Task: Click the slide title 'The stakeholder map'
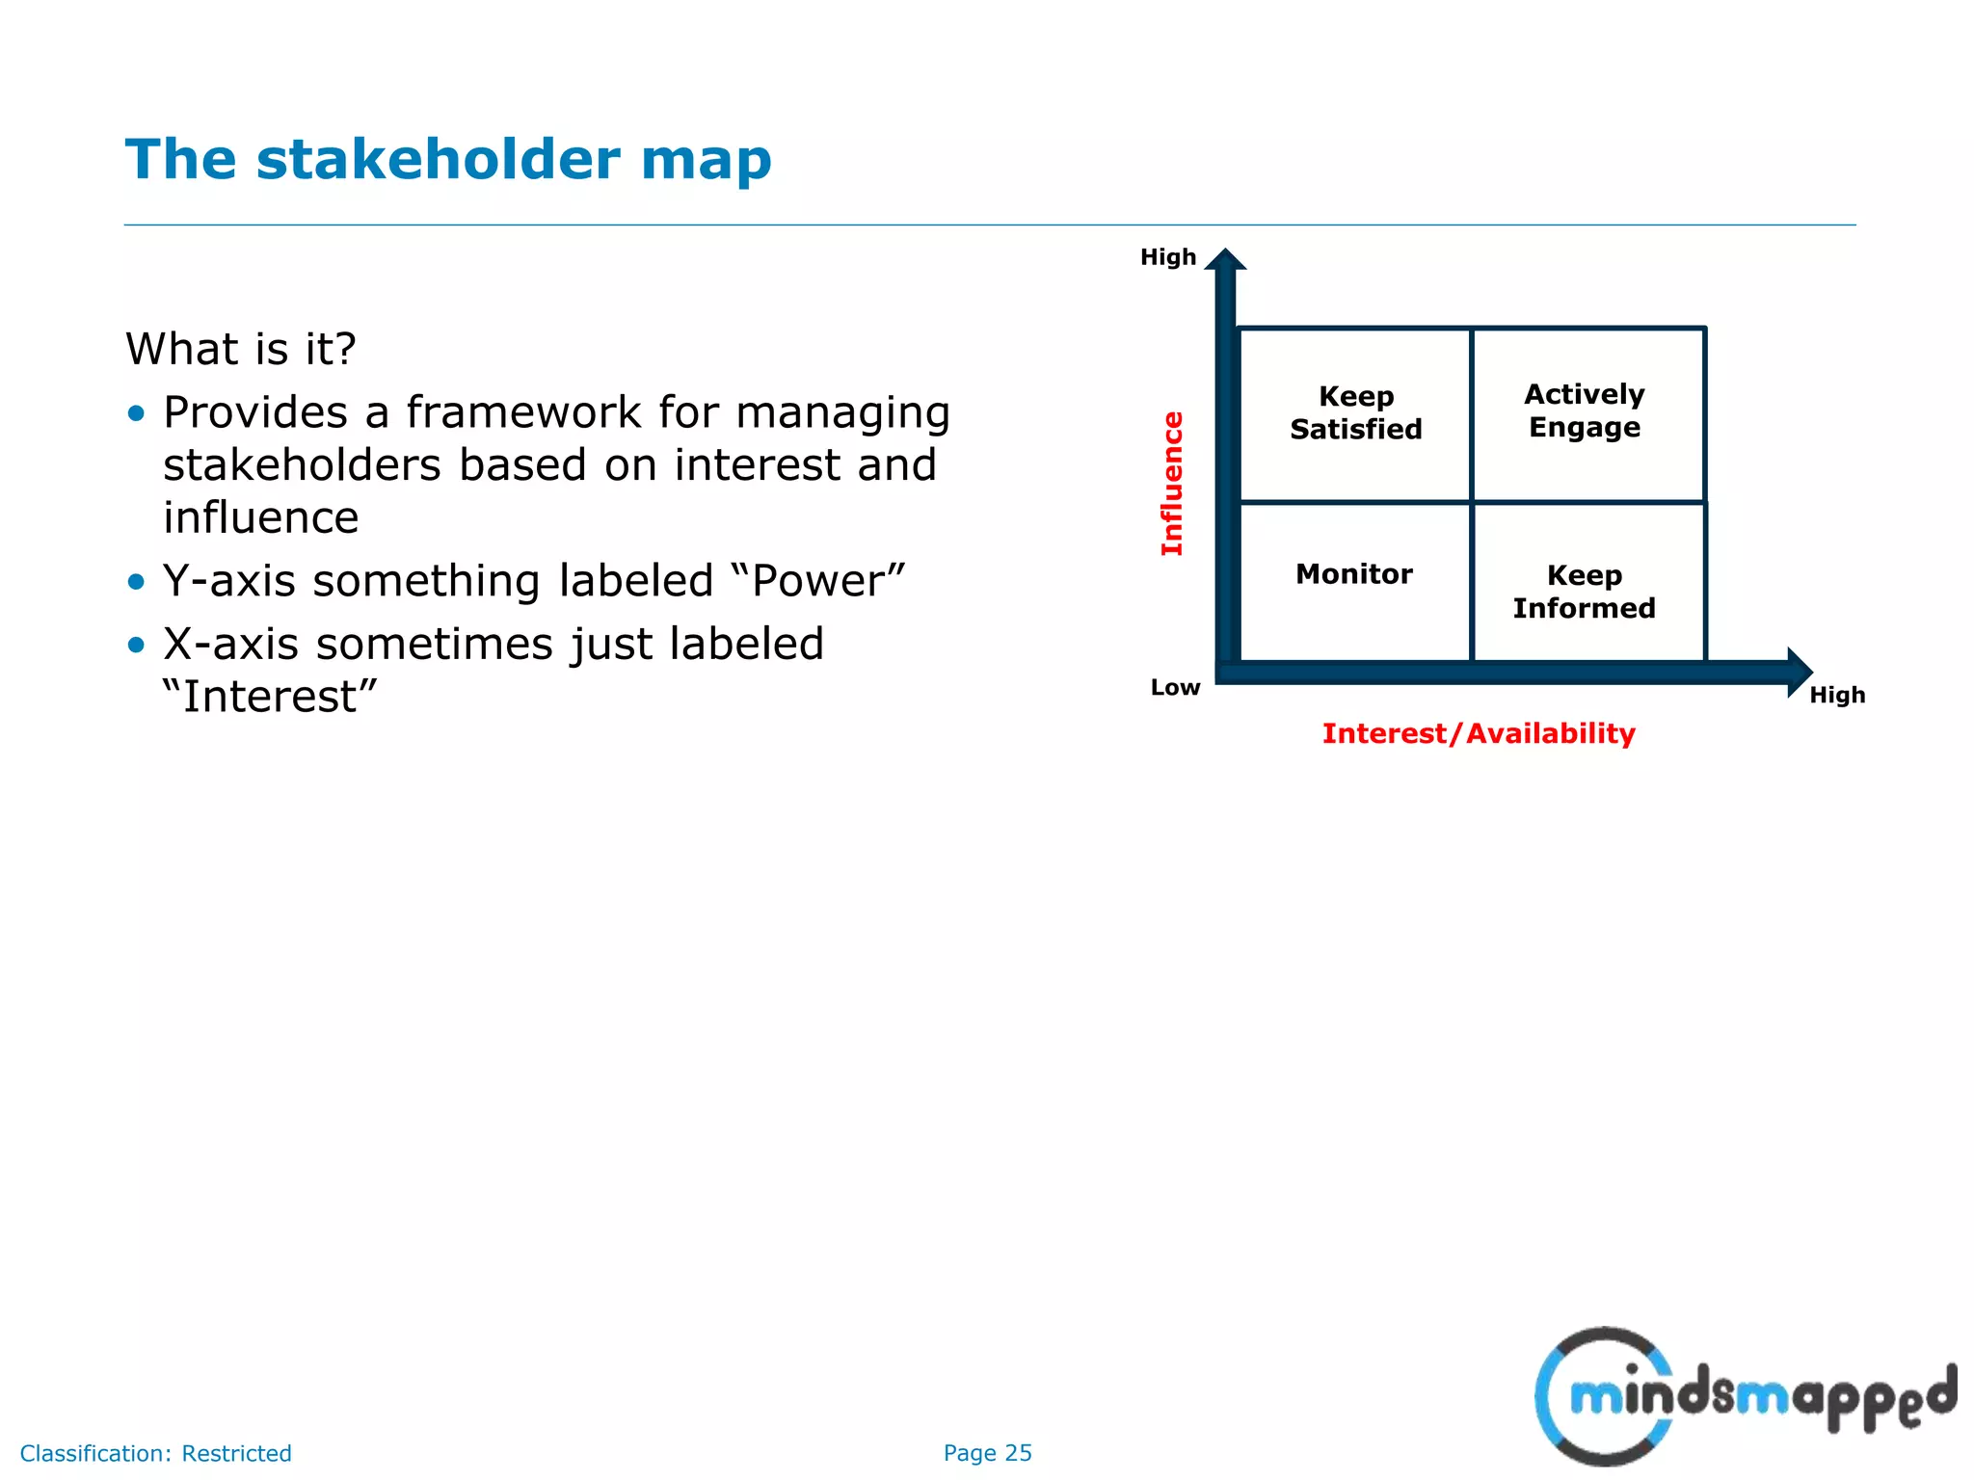[x=448, y=160]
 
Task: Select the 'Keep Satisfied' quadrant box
[x=1355, y=414]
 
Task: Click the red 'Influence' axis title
[x=1172, y=484]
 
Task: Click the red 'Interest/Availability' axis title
[x=1479, y=734]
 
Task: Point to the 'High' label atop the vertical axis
[x=1167, y=257]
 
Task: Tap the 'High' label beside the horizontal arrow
[x=1837, y=696]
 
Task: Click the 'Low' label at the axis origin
[x=1175, y=688]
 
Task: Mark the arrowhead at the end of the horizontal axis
[x=1798, y=672]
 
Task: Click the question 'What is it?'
[x=241, y=349]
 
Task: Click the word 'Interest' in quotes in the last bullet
[x=270, y=697]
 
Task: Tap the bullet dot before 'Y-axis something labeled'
[x=136, y=582]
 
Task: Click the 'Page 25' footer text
[x=987, y=1453]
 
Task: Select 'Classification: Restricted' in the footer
[x=156, y=1453]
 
